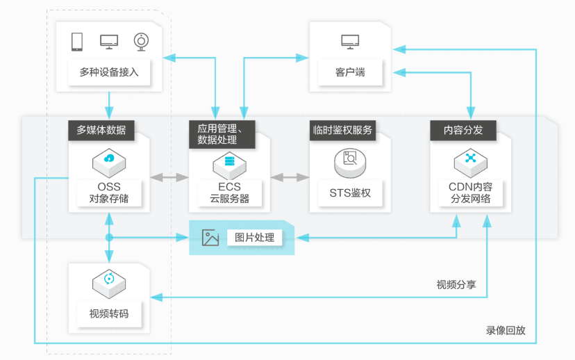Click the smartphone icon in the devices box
click(x=77, y=42)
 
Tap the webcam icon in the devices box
click(x=141, y=42)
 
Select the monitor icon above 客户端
click(x=350, y=42)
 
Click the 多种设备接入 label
click(x=109, y=72)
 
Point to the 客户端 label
click(x=350, y=72)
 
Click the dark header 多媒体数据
click(x=101, y=130)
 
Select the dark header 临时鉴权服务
click(x=342, y=130)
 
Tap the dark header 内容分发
click(x=463, y=130)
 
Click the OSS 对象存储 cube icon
click(x=109, y=163)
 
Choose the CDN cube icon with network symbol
click(x=471, y=163)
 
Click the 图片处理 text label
click(x=254, y=238)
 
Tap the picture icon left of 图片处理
click(x=210, y=238)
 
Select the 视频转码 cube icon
click(x=109, y=284)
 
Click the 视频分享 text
click(x=456, y=284)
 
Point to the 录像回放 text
click(x=506, y=330)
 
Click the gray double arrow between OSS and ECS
click(x=169, y=178)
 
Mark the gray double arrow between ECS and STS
click(x=290, y=178)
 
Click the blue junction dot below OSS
click(x=109, y=238)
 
